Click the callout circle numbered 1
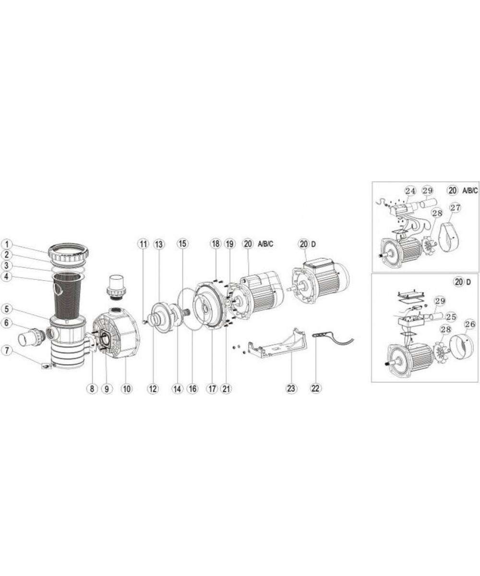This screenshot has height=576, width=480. (8, 244)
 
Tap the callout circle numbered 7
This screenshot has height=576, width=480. (8, 350)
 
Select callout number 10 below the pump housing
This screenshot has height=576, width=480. (127, 389)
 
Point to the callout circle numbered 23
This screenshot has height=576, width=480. (291, 388)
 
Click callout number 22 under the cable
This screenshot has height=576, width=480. (315, 388)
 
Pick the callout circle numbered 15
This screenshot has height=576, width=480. (182, 244)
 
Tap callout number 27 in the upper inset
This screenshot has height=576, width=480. (456, 207)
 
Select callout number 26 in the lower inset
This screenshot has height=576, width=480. (470, 324)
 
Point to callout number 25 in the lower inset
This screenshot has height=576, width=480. (451, 317)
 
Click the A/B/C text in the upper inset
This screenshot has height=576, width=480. (470, 191)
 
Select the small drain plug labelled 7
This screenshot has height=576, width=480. (47, 366)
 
